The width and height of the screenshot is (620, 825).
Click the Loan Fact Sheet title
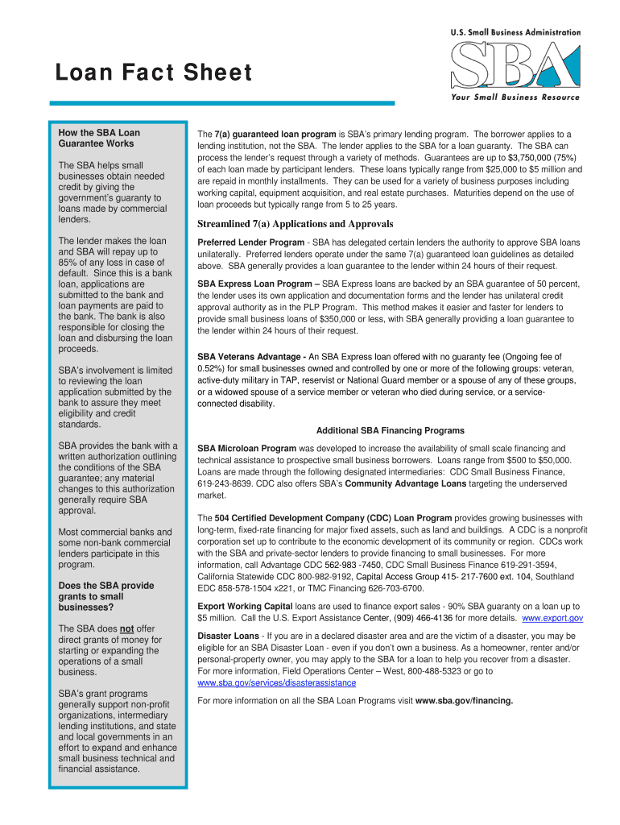pyautogui.click(x=153, y=73)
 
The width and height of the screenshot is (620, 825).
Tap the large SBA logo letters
pyautogui.click(x=515, y=64)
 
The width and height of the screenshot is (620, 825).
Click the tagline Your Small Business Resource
pyautogui.click(x=510, y=97)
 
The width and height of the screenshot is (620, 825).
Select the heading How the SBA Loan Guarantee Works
pyautogui.click(x=95, y=139)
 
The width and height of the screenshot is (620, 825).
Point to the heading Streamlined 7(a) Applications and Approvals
pyautogui.click(x=296, y=224)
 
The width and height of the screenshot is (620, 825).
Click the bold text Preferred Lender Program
pyautogui.click(x=250, y=243)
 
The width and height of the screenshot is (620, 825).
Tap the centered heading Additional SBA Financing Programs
pyautogui.click(x=390, y=430)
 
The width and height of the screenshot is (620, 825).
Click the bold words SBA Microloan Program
pyautogui.click(x=246, y=448)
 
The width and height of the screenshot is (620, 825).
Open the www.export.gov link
pyautogui.click(x=552, y=618)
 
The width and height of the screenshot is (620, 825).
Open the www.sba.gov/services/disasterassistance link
pyautogui.click(x=276, y=682)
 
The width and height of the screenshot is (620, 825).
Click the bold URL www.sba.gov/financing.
pyautogui.click(x=464, y=700)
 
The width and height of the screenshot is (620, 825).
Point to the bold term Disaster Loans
pyautogui.click(x=228, y=636)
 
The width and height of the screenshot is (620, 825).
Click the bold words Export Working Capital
pyautogui.click(x=246, y=606)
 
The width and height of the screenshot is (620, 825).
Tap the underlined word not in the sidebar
pyautogui.click(x=126, y=629)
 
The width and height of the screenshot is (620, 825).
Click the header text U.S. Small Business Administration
pyautogui.click(x=515, y=32)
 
